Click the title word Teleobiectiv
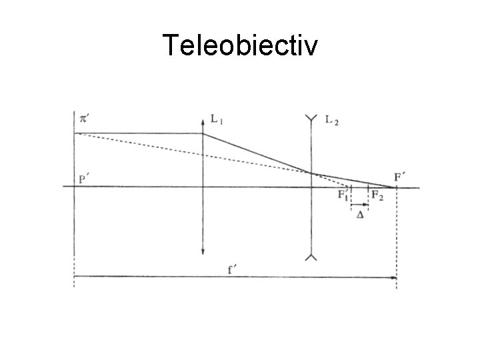240,46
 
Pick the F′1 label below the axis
343,195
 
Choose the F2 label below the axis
377,195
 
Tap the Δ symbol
360,215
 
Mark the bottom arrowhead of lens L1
203,253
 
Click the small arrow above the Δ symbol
360,205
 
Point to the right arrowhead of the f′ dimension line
394,277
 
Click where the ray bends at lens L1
203,133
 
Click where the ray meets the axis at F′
397,187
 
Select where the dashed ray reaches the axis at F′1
350,187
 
